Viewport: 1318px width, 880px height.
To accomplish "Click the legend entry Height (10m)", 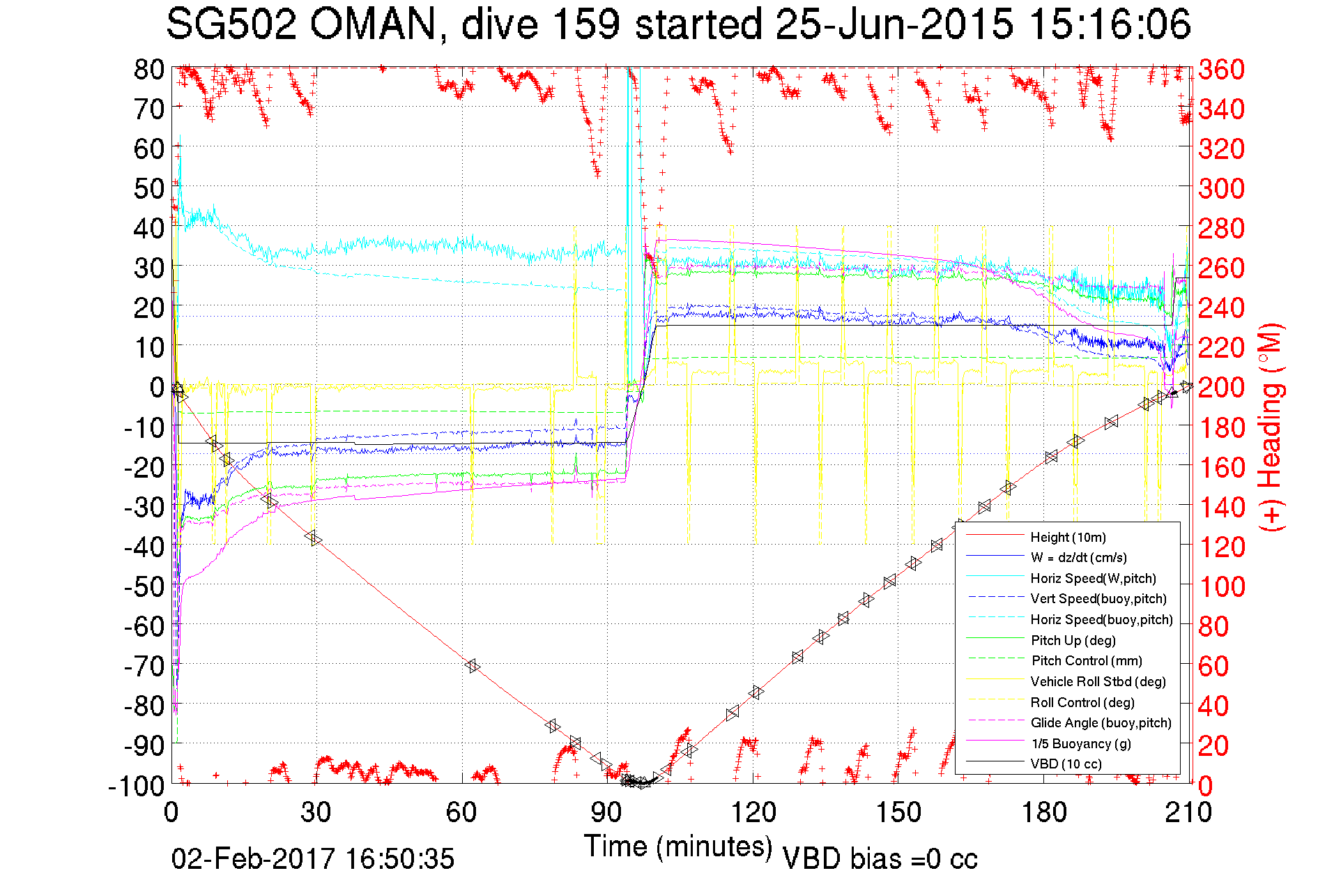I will click(1068, 537).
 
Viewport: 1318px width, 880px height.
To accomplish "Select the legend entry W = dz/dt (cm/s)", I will click(1078, 557).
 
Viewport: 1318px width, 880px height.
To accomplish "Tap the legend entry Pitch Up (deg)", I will click(1073, 640).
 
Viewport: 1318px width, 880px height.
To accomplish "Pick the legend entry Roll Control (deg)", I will click(1082, 702).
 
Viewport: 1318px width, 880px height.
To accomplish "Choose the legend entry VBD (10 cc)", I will click(1066, 764).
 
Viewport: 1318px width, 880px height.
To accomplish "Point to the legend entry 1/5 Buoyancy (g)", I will click(1081, 743).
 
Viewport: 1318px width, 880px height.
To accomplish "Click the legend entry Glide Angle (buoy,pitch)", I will click(1101, 722).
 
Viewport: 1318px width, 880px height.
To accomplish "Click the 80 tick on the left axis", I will click(149, 69).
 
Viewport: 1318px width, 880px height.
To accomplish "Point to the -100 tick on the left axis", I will click(137, 786).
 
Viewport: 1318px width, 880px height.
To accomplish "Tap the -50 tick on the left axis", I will click(144, 586).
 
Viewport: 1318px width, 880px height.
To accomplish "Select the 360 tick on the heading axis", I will click(1221, 69).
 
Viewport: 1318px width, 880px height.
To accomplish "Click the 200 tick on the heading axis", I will click(1221, 387).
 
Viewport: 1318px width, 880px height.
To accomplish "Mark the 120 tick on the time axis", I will click(753, 812).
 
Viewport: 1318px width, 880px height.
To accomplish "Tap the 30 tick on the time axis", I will click(316, 812).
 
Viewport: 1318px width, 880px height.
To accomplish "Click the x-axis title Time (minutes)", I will click(678, 847).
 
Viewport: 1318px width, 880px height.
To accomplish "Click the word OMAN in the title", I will click(373, 24).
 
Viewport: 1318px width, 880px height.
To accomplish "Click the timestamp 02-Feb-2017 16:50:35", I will click(313, 858).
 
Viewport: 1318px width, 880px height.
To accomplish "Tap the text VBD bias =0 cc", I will click(880, 859).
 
